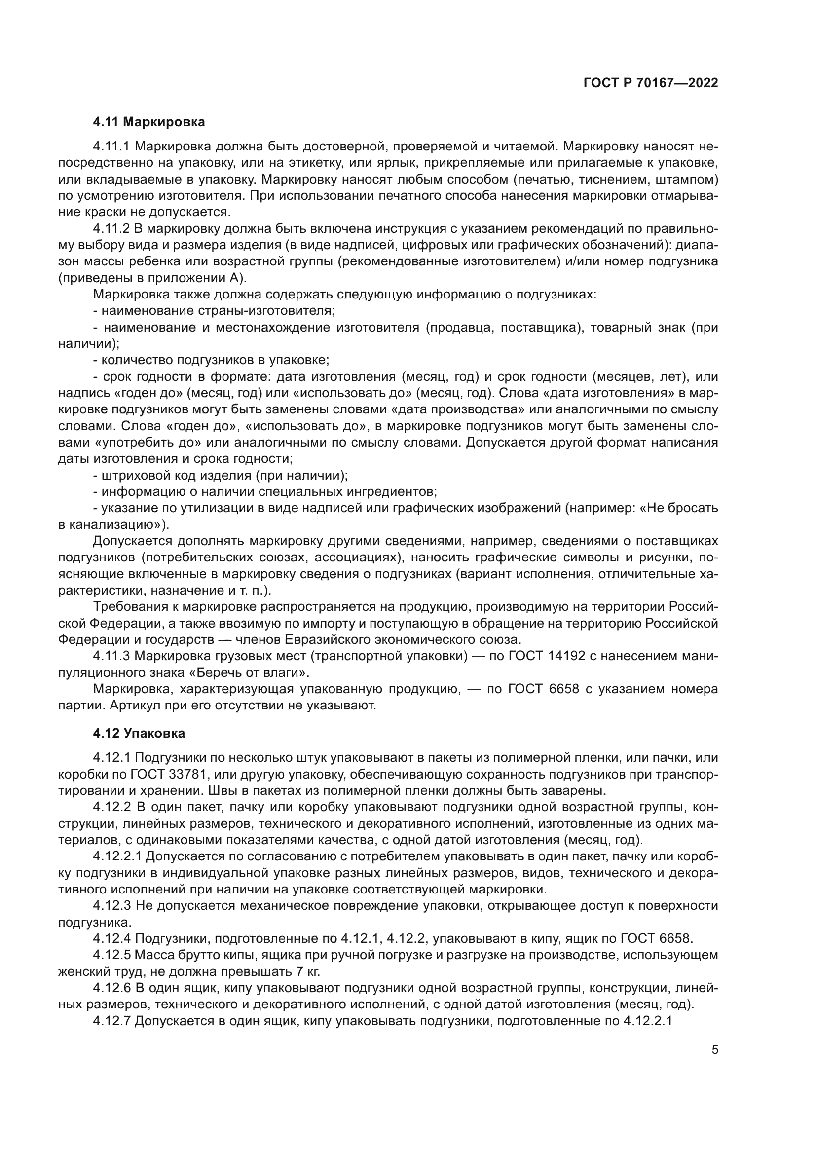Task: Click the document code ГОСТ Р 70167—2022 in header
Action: coord(651,83)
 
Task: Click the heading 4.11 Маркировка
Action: coord(148,122)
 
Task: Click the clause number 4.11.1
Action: coord(111,147)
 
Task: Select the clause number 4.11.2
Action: coord(111,229)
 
